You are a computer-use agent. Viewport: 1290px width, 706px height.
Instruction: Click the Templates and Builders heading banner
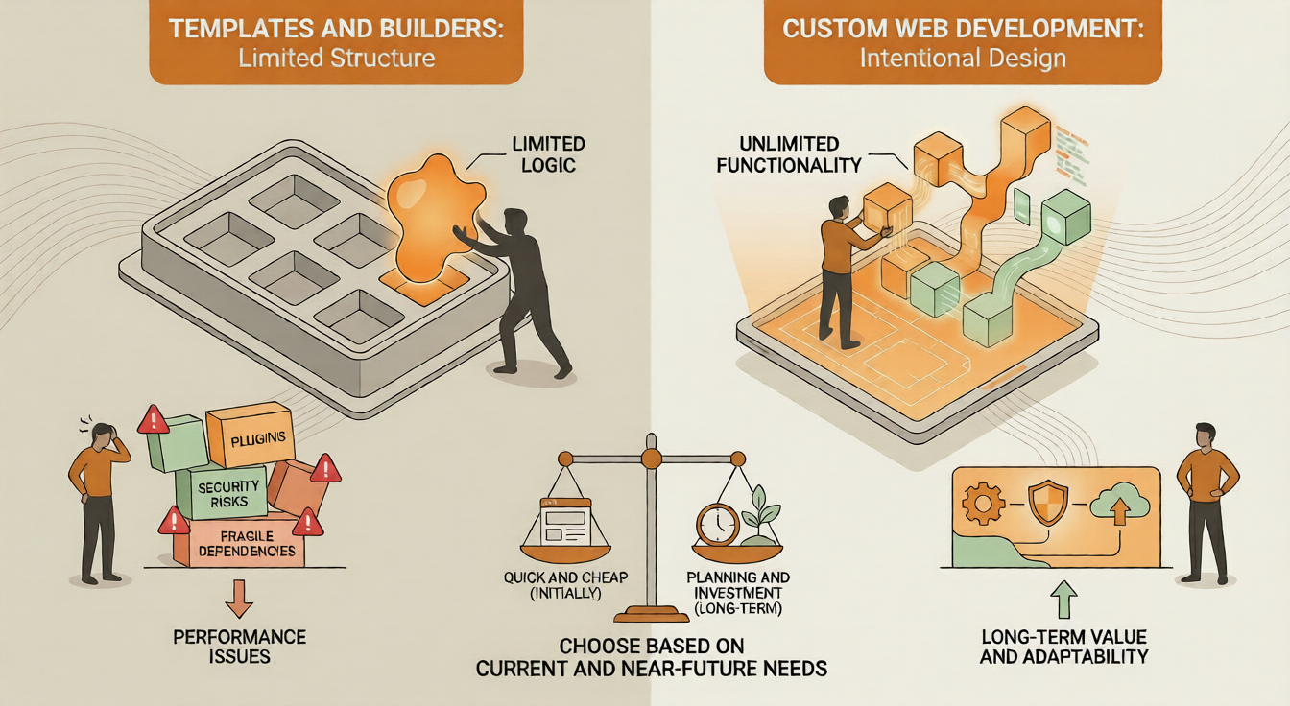pos(336,43)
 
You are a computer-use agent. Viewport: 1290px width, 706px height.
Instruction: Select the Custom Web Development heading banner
pos(963,43)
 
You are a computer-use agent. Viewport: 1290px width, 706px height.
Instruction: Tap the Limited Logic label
pos(548,156)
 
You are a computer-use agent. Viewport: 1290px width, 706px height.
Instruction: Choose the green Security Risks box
pos(223,494)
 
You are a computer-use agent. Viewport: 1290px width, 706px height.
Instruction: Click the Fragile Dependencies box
pos(240,544)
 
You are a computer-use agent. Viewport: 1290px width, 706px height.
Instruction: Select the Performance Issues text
pos(239,647)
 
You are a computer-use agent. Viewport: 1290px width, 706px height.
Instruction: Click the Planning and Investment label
pos(738,593)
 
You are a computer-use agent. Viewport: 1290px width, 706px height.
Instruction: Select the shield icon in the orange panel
pos(1047,504)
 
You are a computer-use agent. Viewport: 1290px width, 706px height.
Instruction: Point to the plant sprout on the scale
pos(754,509)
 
